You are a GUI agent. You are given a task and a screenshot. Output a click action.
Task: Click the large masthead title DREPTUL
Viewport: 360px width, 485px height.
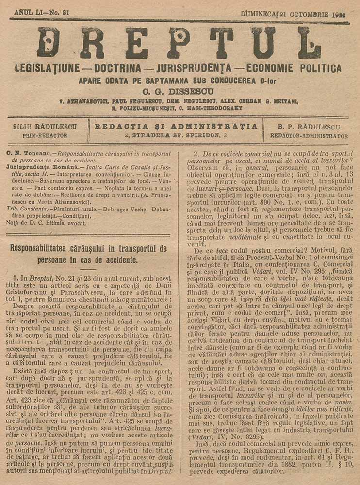pyautogui.click(x=180, y=43)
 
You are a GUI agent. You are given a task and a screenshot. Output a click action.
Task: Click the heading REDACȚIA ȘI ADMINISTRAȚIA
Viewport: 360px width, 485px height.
pyautogui.click(x=176, y=127)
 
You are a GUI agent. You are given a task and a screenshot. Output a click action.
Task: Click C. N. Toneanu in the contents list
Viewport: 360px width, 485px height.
pyautogui.click(x=25, y=153)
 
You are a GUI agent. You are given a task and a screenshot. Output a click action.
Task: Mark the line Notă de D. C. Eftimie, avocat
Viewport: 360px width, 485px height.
pyautogui.click(x=46, y=223)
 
